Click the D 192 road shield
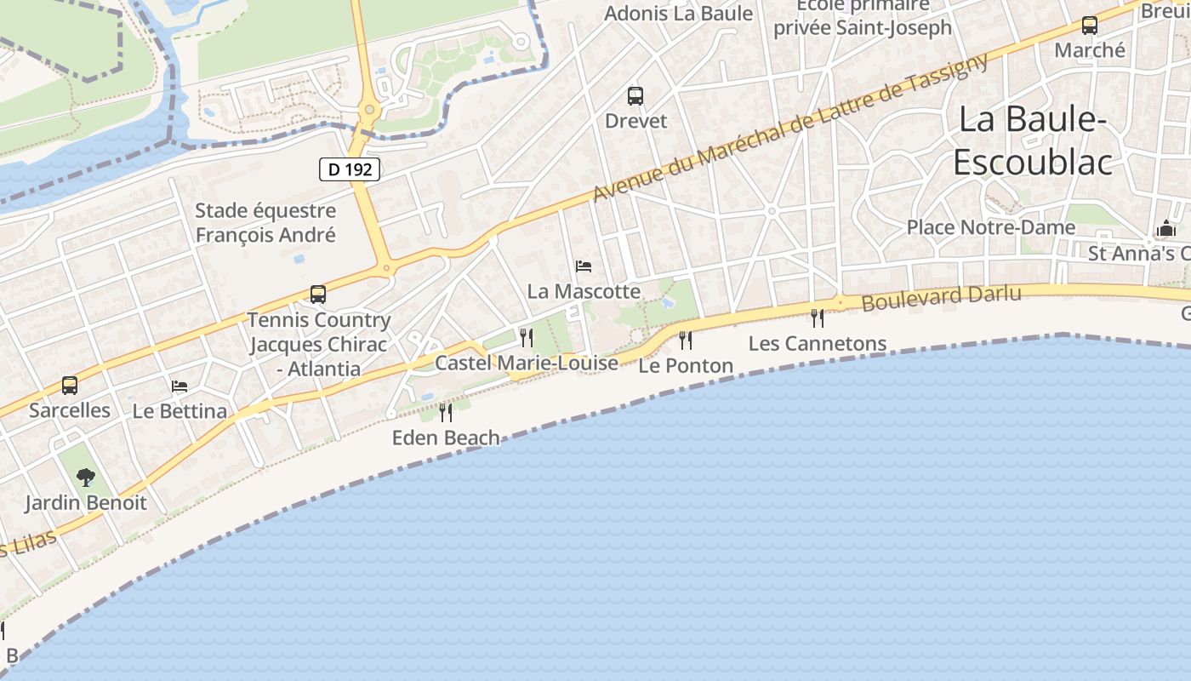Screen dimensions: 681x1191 pyautogui.click(x=350, y=169)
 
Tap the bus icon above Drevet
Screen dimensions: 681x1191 pyautogui.click(x=635, y=96)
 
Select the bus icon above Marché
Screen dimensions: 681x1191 pyautogui.click(x=1090, y=26)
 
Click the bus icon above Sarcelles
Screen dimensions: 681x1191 pyautogui.click(x=70, y=386)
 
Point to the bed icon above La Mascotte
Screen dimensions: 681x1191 pyautogui.click(x=584, y=266)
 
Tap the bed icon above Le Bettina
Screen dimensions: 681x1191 pyautogui.click(x=180, y=386)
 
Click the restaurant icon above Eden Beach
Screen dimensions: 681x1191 pyautogui.click(x=446, y=413)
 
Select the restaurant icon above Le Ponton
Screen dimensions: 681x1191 pyautogui.click(x=686, y=340)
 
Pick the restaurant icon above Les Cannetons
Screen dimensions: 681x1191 pyautogui.click(x=818, y=318)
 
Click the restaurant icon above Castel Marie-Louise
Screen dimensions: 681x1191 pyautogui.click(x=527, y=338)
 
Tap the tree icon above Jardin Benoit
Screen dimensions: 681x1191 pyautogui.click(x=85, y=478)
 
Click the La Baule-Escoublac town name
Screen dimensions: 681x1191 pyautogui.click(x=1032, y=140)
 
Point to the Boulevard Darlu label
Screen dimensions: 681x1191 pyautogui.click(x=941, y=298)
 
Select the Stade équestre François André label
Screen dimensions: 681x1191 pyautogui.click(x=265, y=223)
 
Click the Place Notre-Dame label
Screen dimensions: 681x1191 pyautogui.click(x=990, y=227)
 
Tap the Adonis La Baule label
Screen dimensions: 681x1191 pyautogui.click(x=678, y=14)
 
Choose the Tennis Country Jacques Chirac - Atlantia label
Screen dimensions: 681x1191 pyautogui.click(x=318, y=345)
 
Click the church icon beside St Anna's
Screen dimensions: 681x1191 pyautogui.click(x=1165, y=229)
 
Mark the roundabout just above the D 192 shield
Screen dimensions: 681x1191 pyautogui.click(x=369, y=109)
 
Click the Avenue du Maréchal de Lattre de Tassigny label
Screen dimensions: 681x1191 pyautogui.click(x=791, y=128)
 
